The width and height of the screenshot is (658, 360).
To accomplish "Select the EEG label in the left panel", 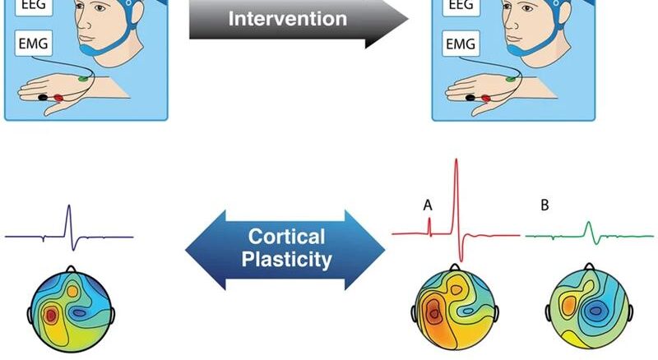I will pos(27,4).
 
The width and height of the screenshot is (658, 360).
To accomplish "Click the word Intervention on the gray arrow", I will pos(287,18).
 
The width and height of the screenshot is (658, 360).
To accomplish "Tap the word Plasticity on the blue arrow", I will pos(286,261).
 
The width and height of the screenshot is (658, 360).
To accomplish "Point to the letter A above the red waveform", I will pos(428,205).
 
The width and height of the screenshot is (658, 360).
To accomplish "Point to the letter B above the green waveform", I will pos(544,205).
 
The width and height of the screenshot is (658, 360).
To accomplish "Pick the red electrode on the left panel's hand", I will pos(58,98).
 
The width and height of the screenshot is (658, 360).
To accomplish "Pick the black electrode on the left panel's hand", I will pos(43,99).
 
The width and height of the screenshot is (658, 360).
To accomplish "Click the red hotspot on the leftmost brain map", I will pos(50,314).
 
